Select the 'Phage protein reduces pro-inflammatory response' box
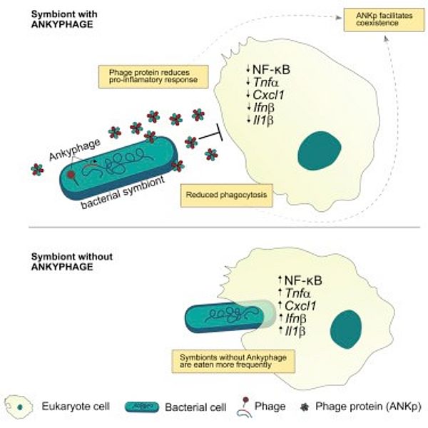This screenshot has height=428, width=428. [x=153, y=74]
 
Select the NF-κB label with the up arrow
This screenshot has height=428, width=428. [x=299, y=280]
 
